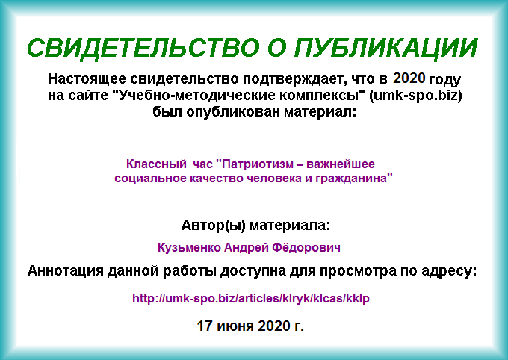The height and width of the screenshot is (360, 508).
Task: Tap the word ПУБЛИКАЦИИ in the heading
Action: pyautogui.click(x=385, y=48)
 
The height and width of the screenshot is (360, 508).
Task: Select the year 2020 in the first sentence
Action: pyautogui.click(x=409, y=78)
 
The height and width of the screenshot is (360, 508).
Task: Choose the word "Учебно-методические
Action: pyautogui.click(x=196, y=96)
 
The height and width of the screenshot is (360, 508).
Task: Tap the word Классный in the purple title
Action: pyautogui.click(x=156, y=164)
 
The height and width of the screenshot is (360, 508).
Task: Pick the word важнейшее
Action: pyautogui.click(x=341, y=164)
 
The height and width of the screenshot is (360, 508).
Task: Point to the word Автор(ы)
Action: pyautogui.click(x=214, y=226)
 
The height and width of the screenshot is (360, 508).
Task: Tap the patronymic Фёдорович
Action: pyautogui.click(x=306, y=248)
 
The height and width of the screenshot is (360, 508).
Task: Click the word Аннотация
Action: pyautogui.click(x=66, y=271)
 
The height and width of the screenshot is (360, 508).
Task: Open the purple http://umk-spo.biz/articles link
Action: pyautogui.click(x=251, y=299)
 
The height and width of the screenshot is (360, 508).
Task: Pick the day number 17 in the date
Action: pyautogui.click(x=204, y=326)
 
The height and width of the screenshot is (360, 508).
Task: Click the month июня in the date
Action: pyautogui.click(x=235, y=326)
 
